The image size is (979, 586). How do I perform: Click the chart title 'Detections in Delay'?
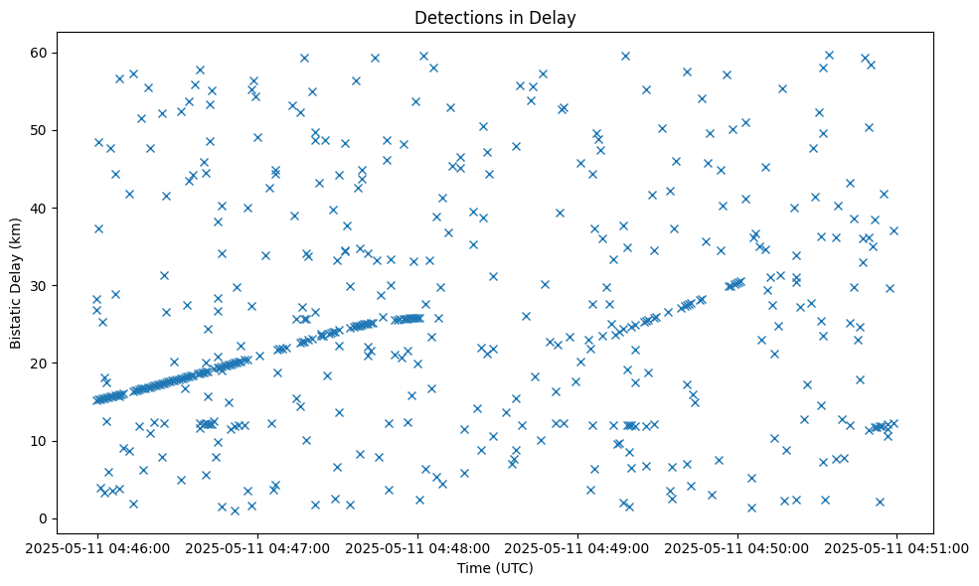tap(495, 18)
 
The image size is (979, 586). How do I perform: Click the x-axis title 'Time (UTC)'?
tap(495, 568)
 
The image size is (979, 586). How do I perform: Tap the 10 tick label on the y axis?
tap(41, 441)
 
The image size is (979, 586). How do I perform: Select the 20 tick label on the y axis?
tap(41, 364)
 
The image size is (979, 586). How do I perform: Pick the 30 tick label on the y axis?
tap(41, 285)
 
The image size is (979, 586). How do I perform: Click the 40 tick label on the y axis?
tap(41, 208)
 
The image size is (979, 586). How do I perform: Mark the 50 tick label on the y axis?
tap(41, 130)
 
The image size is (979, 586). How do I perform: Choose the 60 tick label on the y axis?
tap(41, 53)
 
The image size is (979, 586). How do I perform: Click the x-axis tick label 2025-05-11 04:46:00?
tap(97, 547)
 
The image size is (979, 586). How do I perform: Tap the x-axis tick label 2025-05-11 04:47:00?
tap(257, 547)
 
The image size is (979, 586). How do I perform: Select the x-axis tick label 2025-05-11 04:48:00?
tap(417, 547)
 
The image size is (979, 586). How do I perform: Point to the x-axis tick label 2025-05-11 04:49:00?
tap(577, 547)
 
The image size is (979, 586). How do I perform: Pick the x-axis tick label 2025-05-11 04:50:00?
tap(737, 547)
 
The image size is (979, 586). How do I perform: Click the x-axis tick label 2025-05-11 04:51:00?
tap(897, 547)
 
